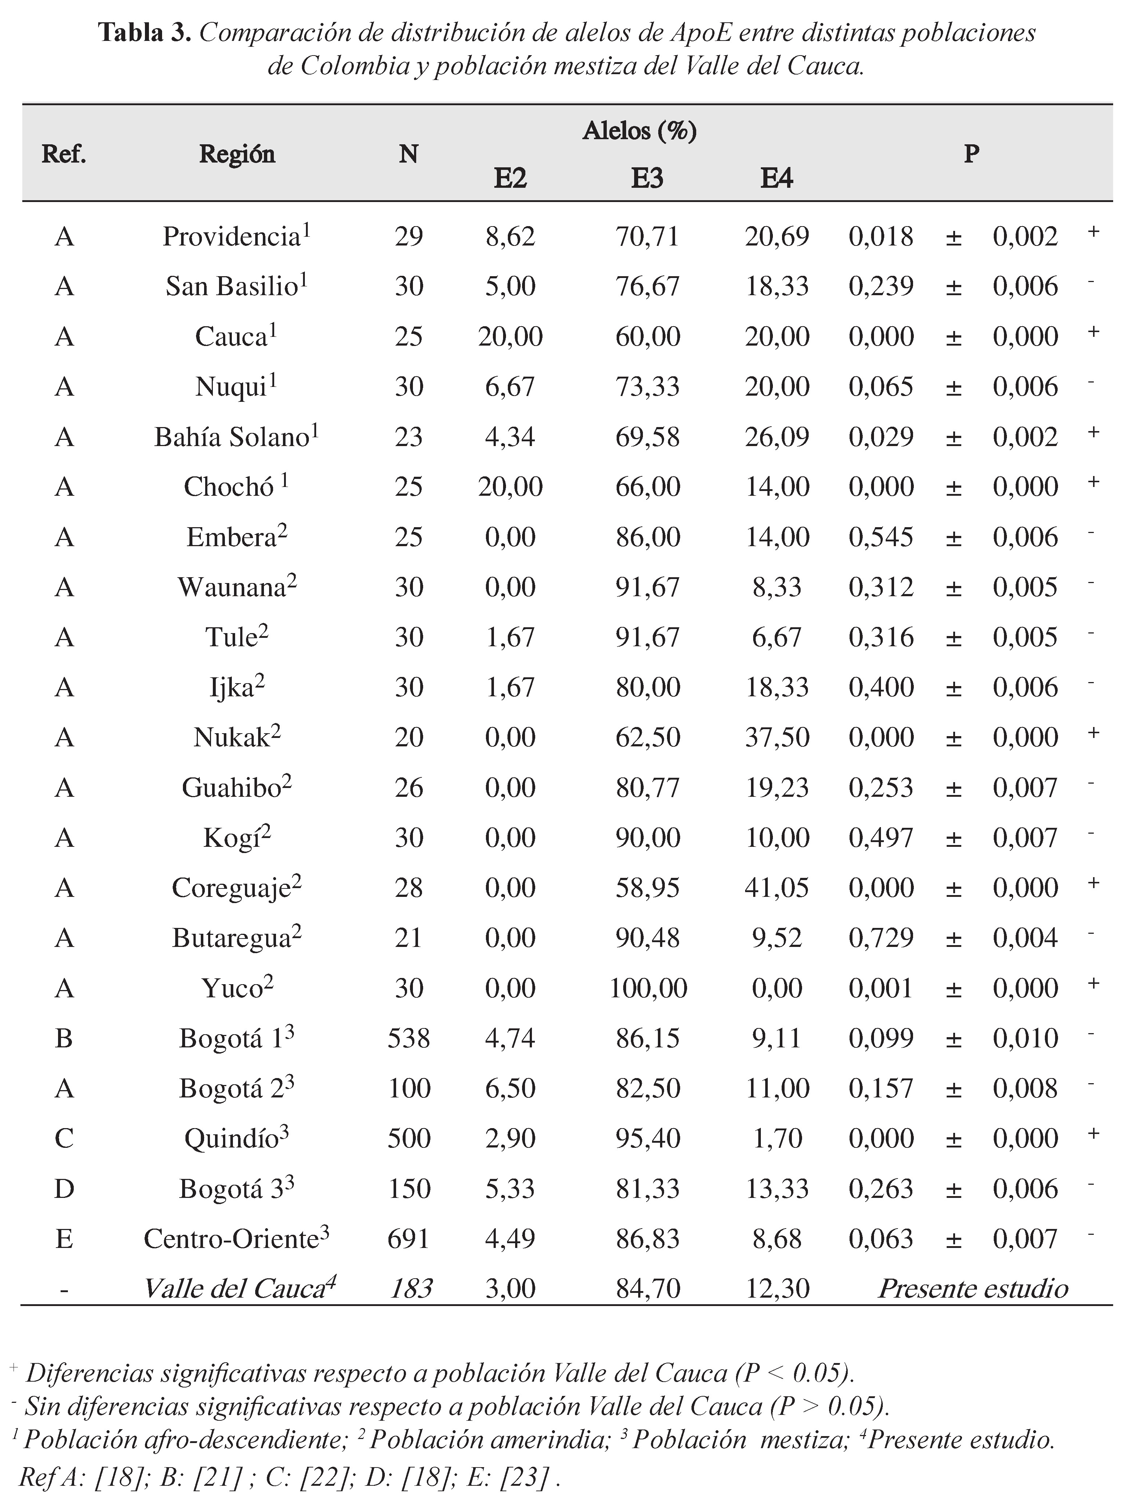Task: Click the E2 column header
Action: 510,178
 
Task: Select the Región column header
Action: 237,154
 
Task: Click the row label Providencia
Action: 232,237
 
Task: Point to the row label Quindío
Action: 232,1138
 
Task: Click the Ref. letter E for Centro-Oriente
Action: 64,1239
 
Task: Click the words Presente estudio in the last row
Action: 973,1288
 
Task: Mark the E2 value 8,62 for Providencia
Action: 510,237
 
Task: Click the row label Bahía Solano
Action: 232,437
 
